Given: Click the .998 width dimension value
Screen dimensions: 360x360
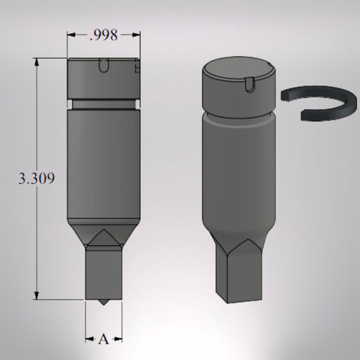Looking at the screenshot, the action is coord(103,35).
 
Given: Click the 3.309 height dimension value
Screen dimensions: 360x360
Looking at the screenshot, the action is coord(36,178).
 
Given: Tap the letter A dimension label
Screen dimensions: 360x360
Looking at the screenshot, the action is coord(103,339).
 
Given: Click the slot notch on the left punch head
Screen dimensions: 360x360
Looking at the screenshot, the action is coord(103,66).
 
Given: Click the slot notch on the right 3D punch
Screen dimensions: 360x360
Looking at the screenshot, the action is coord(250,85).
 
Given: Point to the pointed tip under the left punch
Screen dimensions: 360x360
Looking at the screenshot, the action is coord(103,303).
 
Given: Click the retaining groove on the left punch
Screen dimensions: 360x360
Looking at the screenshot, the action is coord(103,105).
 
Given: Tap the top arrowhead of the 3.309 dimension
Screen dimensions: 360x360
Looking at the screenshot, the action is coord(36,62).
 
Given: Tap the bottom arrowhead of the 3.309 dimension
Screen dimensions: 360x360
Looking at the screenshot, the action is coord(36,295).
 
